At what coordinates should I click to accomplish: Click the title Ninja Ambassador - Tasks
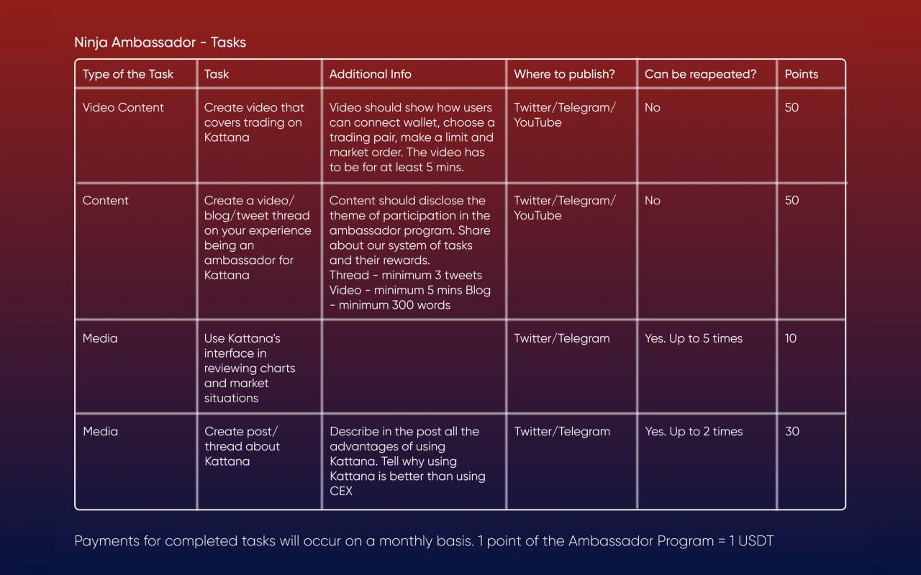point(160,42)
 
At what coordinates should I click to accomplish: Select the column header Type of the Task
point(128,74)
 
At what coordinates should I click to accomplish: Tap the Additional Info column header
point(370,74)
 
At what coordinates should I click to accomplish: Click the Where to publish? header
point(564,74)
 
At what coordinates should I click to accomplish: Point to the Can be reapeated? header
point(700,74)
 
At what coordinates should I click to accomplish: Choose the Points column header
point(801,74)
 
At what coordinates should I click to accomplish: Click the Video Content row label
point(123,107)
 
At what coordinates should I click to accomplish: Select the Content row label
point(105,201)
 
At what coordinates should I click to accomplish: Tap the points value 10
point(790,338)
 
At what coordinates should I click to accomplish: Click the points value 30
point(791,432)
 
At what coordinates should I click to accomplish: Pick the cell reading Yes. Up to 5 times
point(693,338)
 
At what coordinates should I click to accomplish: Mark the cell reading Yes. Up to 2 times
point(693,432)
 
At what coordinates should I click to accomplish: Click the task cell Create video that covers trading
point(254,122)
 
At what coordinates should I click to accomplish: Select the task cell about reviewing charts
point(249,368)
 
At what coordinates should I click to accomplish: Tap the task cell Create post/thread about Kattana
point(242,446)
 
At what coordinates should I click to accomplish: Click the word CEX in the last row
point(341,492)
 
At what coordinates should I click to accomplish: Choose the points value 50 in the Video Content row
point(791,107)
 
